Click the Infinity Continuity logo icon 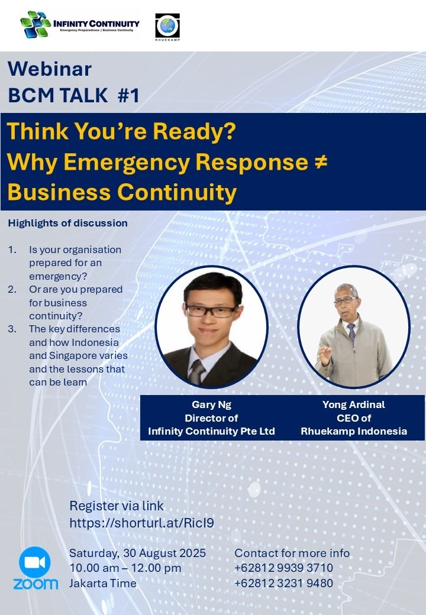35,24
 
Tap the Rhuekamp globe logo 167,26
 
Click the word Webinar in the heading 50,69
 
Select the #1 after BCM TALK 128,95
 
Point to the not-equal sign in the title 321,161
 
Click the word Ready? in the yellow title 194,131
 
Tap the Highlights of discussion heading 68,223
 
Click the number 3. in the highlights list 12,329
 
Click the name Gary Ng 211,404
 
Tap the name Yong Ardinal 353,404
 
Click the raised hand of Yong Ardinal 325,355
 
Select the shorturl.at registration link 141,523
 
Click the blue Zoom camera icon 35,562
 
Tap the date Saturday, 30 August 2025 138,553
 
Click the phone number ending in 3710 283,568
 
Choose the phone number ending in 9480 283,583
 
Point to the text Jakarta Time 103,583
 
